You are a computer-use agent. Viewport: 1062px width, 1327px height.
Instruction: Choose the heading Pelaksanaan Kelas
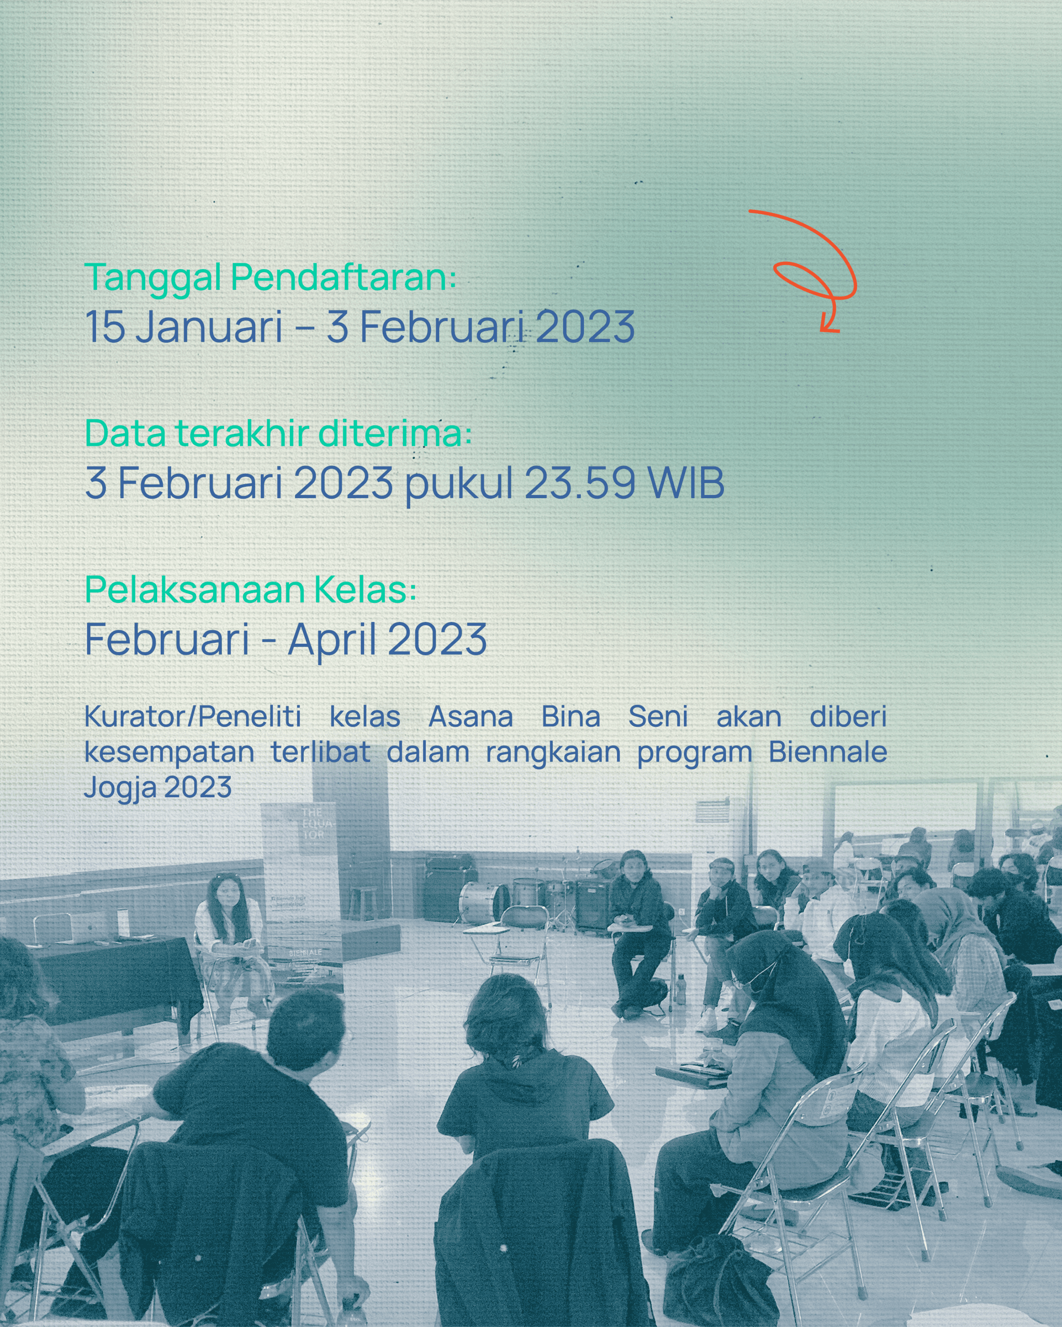251,590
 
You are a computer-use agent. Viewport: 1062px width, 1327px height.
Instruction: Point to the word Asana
470,716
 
